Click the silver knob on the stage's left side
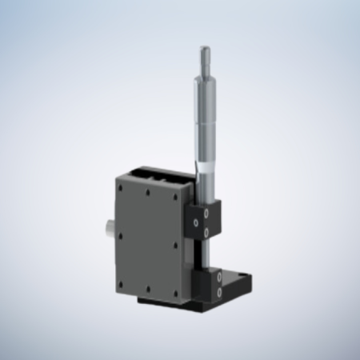107,232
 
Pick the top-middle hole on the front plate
150,193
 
